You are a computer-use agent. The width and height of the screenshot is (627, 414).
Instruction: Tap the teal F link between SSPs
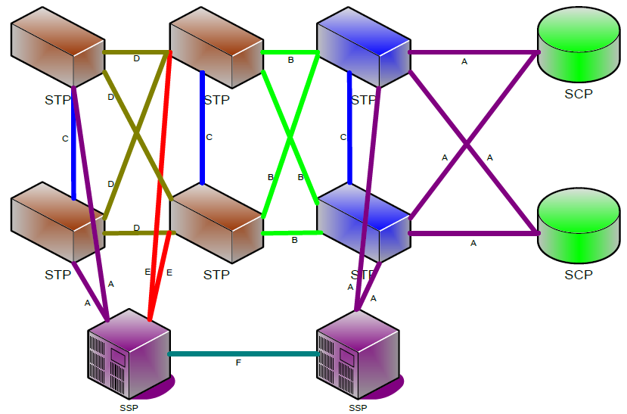242,353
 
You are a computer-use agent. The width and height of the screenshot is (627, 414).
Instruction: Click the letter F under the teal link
238,364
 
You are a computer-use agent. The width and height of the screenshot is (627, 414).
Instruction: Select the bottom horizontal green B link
291,233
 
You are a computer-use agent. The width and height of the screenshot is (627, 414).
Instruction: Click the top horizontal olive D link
136,52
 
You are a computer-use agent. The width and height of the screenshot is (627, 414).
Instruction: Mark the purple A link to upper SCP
473,52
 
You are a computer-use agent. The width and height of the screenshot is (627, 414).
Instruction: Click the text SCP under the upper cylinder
579,95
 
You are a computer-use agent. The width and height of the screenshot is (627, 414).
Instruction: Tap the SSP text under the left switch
129,408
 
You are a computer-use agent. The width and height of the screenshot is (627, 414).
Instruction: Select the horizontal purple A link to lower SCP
473,233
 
